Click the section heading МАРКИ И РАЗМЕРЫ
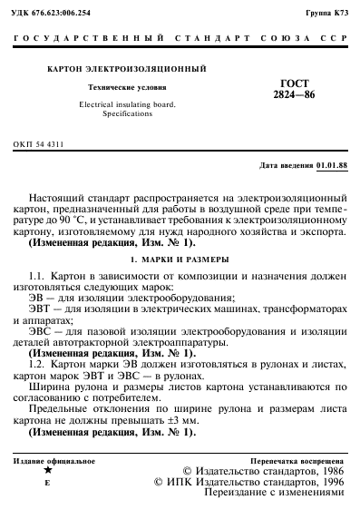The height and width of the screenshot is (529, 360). pos(190,260)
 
